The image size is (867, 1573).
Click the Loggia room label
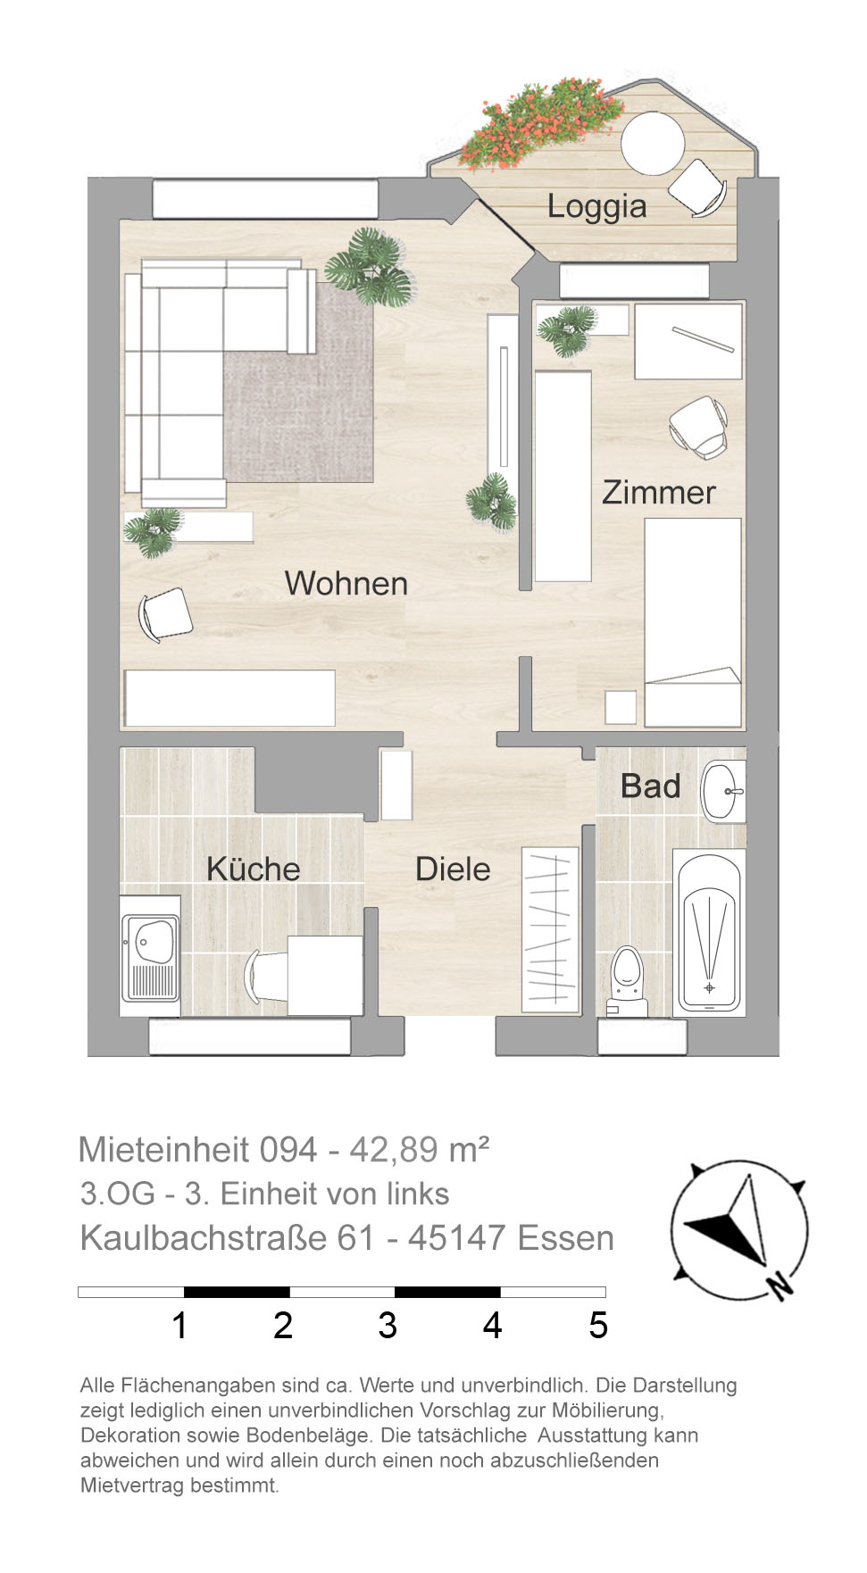pyautogui.click(x=596, y=207)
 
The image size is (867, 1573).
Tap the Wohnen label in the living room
pyautogui.click(x=346, y=584)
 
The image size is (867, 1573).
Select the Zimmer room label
pyautogui.click(x=659, y=493)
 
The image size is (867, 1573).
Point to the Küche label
pyautogui.click(x=254, y=869)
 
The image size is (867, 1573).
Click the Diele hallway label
pyautogui.click(x=453, y=870)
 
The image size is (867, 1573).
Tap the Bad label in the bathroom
pyautogui.click(x=651, y=786)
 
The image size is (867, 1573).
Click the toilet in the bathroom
pyautogui.click(x=628, y=981)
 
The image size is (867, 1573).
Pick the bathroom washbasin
pyautogui.click(x=723, y=791)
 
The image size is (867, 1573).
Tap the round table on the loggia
pyautogui.click(x=653, y=143)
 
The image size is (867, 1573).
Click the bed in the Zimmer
pyautogui.click(x=693, y=622)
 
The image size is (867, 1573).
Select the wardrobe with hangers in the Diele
pyautogui.click(x=550, y=929)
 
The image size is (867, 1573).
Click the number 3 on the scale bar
pyautogui.click(x=388, y=1326)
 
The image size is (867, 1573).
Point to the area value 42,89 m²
pyautogui.click(x=419, y=1150)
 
